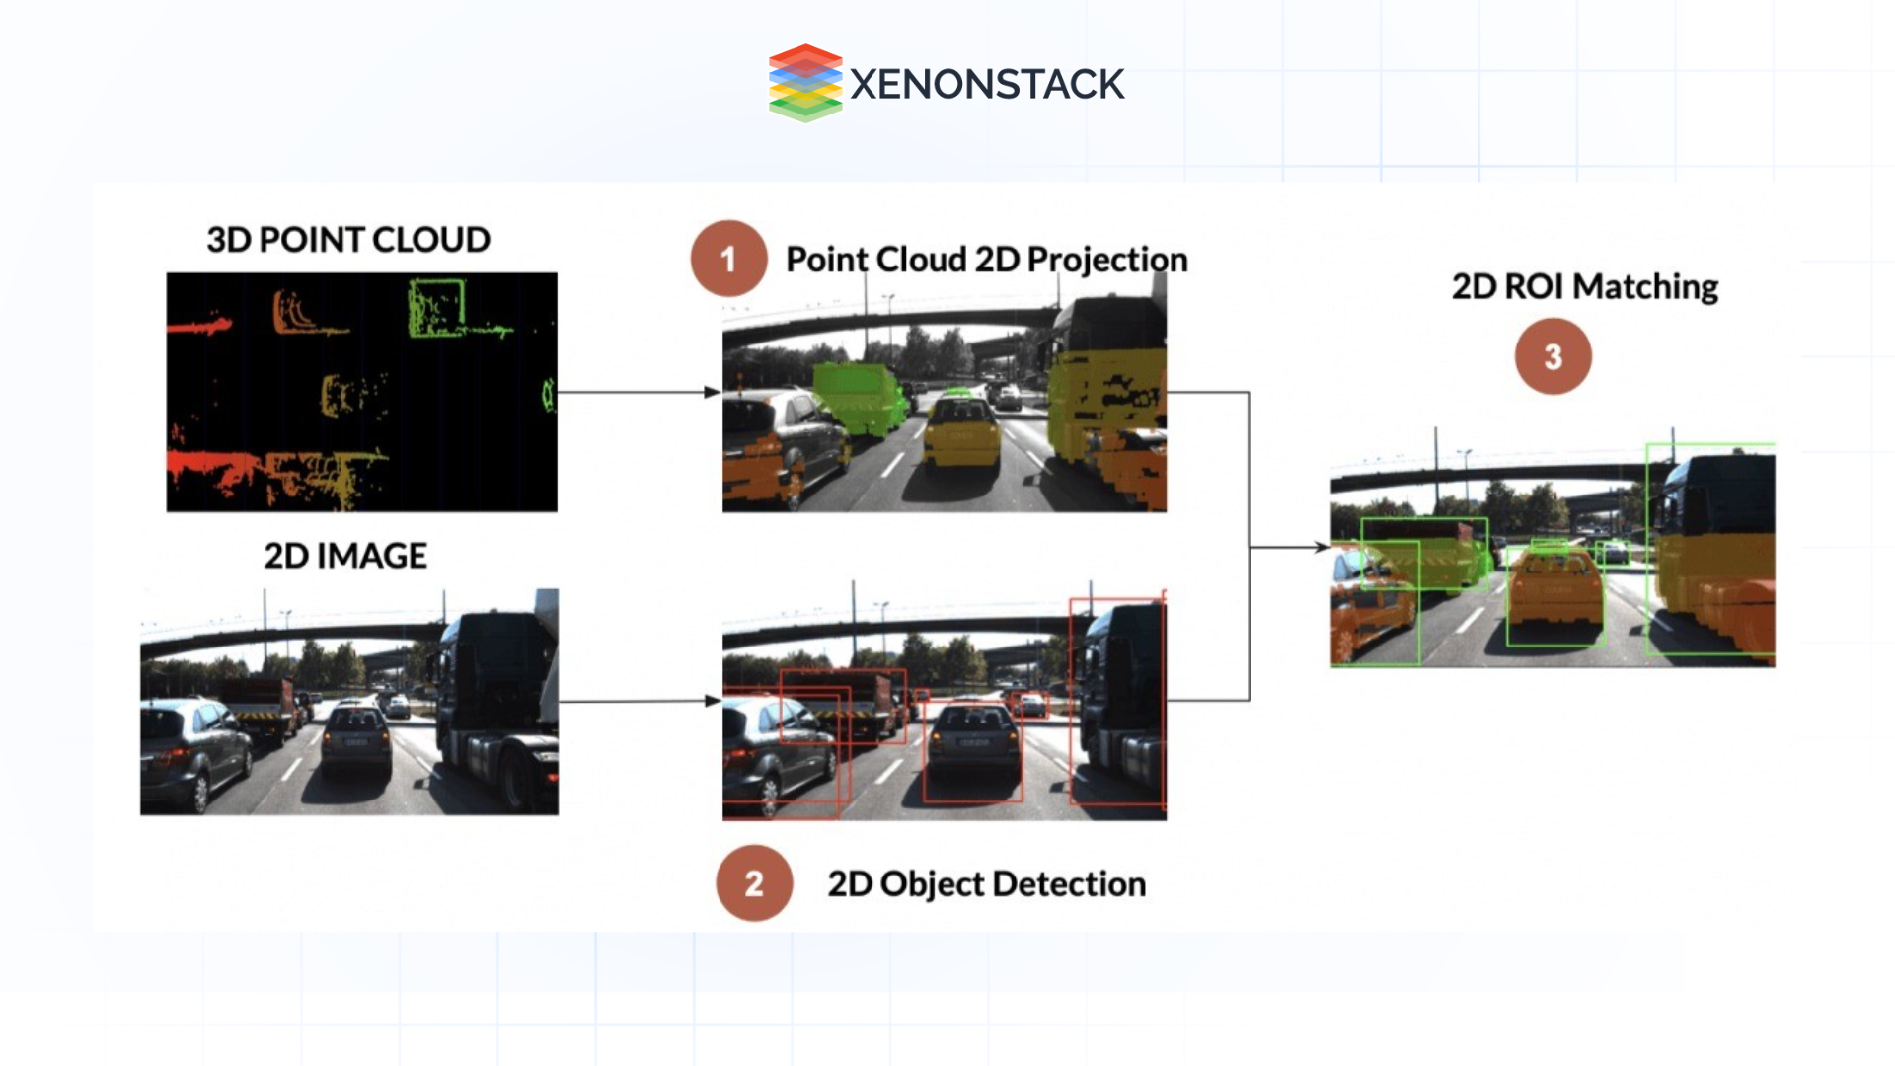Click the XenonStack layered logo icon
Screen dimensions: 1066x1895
[x=804, y=83]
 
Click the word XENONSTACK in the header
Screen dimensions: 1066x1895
[x=986, y=85]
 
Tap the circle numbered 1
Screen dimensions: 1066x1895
[x=728, y=259]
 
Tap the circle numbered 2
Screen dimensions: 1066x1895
[x=754, y=883]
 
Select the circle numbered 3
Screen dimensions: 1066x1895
[x=1553, y=356]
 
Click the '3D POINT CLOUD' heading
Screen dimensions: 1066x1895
[x=347, y=240]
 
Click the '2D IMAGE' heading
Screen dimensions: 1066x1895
[x=345, y=556]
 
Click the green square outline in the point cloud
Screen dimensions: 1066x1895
[x=436, y=307]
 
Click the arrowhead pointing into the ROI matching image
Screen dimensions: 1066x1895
[x=1321, y=547]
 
